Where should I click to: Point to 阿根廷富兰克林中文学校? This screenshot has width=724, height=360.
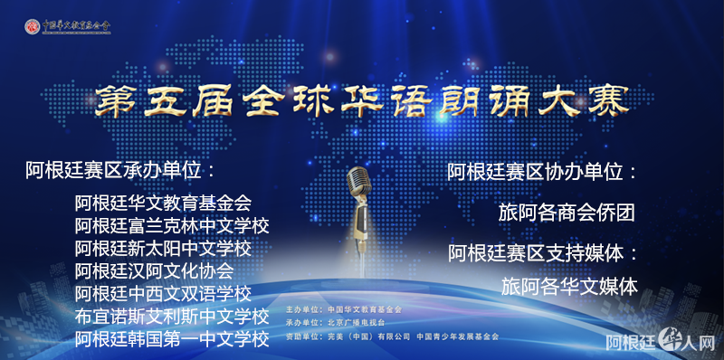172,224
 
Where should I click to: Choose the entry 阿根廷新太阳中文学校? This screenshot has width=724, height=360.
163,247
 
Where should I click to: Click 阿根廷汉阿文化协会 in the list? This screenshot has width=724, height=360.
154,270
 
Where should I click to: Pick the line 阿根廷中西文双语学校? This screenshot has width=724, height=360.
163,293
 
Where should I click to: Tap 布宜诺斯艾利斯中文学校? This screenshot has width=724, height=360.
172,317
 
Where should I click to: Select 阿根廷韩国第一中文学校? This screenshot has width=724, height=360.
172,339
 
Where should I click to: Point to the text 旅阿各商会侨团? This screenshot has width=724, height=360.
567,213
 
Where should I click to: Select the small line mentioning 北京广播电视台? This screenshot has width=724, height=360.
335,322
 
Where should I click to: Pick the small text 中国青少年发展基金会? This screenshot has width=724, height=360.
457,336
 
